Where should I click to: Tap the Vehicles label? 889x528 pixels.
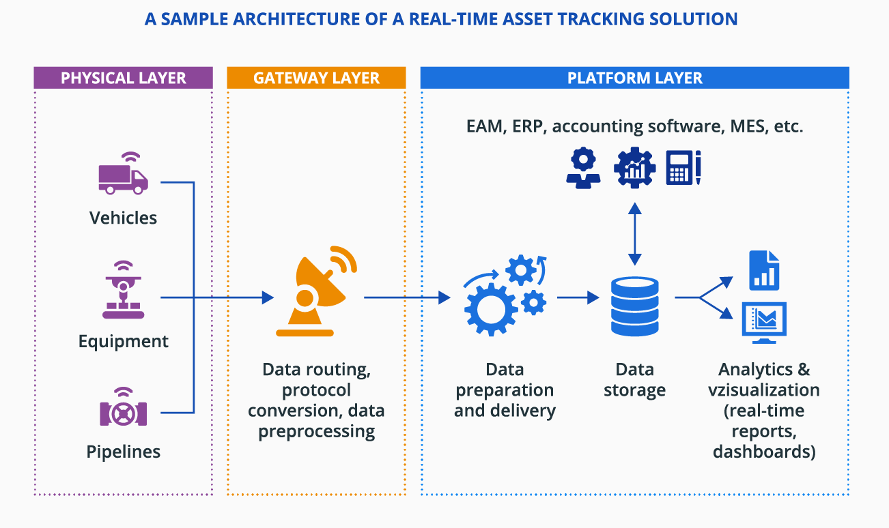(x=123, y=218)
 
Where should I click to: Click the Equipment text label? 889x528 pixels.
(x=123, y=341)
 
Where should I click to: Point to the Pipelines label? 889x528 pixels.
(x=123, y=452)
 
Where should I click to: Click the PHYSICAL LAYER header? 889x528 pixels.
(x=123, y=78)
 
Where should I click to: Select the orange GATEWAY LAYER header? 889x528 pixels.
(x=316, y=78)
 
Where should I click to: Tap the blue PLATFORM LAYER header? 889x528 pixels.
(x=634, y=78)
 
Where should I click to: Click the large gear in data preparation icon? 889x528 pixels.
(x=489, y=306)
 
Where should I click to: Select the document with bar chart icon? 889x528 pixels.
(x=764, y=270)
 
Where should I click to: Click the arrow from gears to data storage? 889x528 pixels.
(x=578, y=297)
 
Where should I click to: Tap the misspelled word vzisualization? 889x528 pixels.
(x=764, y=390)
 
